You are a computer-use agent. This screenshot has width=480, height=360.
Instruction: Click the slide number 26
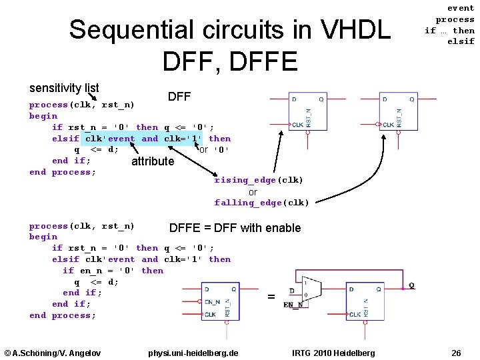click(456, 353)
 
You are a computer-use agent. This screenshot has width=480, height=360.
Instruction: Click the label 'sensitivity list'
click(64, 88)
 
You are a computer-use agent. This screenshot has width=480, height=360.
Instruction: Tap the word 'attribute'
click(153, 161)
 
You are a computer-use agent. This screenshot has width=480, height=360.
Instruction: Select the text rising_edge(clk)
click(259, 180)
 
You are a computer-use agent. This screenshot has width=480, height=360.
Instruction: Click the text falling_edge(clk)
click(261, 203)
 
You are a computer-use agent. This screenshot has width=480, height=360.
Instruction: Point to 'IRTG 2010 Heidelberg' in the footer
click(333, 353)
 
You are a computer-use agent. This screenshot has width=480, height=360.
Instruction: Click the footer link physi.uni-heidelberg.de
click(193, 353)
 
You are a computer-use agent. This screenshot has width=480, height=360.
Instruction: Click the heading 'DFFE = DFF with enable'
click(235, 228)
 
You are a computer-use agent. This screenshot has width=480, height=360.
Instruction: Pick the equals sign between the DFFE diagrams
click(271, 297)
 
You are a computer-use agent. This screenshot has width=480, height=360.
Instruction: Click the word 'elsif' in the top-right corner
click(461, 41)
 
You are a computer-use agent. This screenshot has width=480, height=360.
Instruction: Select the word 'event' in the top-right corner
click(461, 8)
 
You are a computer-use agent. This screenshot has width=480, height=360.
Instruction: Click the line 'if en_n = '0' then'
click(113, 271)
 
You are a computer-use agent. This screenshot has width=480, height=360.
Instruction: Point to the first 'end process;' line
click(63, 172)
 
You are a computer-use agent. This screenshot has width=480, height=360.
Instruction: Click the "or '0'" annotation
click(214, 150)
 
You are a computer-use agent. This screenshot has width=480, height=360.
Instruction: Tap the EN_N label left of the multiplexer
click(292, 305)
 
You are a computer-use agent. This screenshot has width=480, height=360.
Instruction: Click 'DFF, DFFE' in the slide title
click(229, 61)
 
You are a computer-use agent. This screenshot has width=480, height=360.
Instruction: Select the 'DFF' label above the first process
click(179, 97)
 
